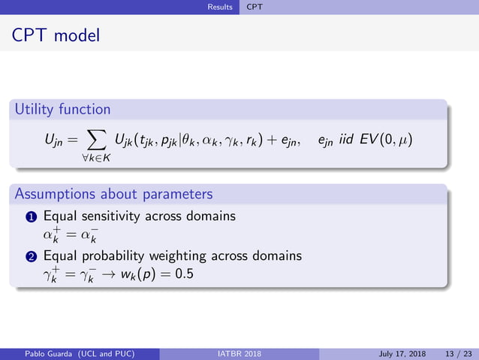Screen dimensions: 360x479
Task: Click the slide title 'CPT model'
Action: [x=56, y=35]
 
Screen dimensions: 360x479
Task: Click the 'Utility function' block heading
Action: [x=62, y=109]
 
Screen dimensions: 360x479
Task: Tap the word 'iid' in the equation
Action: [x=351, y=141]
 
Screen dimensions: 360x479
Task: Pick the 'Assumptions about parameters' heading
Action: [x=113, y=194]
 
